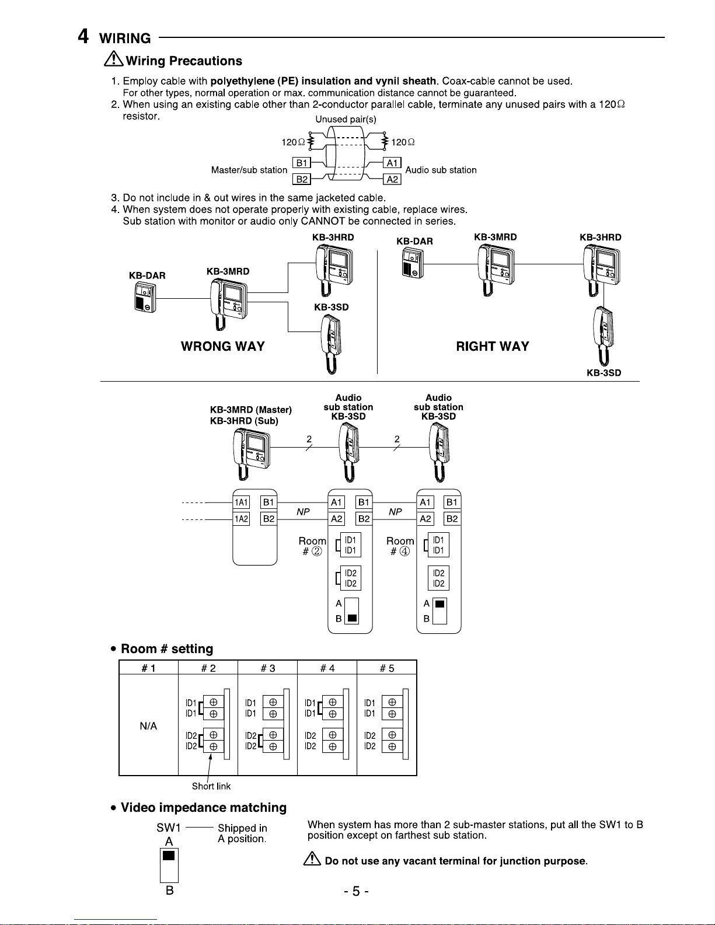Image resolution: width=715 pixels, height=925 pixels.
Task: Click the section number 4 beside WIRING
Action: click(83, 36)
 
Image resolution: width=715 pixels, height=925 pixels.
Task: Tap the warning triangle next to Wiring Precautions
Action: click(114, 59)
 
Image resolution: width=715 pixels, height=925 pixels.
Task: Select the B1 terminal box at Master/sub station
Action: click(302, 163)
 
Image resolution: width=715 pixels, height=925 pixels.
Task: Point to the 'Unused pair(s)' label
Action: click(346, 119)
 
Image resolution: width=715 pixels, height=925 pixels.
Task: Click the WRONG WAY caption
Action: click(222, 346)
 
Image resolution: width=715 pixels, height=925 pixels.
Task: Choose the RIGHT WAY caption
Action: click(493, 346)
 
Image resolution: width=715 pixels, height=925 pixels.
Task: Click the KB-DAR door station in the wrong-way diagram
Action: click(145, 298)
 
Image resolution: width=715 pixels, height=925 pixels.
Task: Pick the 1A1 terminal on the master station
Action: click(241, 502)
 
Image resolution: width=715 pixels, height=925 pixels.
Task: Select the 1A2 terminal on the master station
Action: click(241, 519)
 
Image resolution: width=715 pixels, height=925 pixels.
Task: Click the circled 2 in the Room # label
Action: click(316, 551)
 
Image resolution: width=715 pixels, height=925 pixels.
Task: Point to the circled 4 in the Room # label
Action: click(404, 551)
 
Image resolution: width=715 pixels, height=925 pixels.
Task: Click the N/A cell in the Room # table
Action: click(148, 726)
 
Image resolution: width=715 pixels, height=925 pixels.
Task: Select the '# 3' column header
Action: click(268, 668)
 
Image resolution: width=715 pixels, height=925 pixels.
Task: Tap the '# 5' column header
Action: click(387, 668)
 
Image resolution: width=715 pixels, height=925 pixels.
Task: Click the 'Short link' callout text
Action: click(211, 786)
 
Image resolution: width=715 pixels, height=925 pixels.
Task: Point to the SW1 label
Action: click(169, 828)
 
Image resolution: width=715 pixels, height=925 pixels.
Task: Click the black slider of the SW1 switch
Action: click(169, 855)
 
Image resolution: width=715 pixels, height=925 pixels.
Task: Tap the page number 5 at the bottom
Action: click(356, 891)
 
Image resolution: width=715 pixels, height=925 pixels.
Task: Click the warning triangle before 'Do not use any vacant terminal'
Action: click(312, 858)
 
